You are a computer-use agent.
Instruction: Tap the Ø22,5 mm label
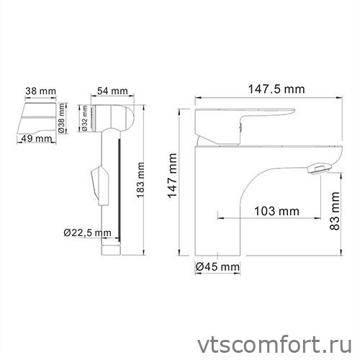pos(85,233)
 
